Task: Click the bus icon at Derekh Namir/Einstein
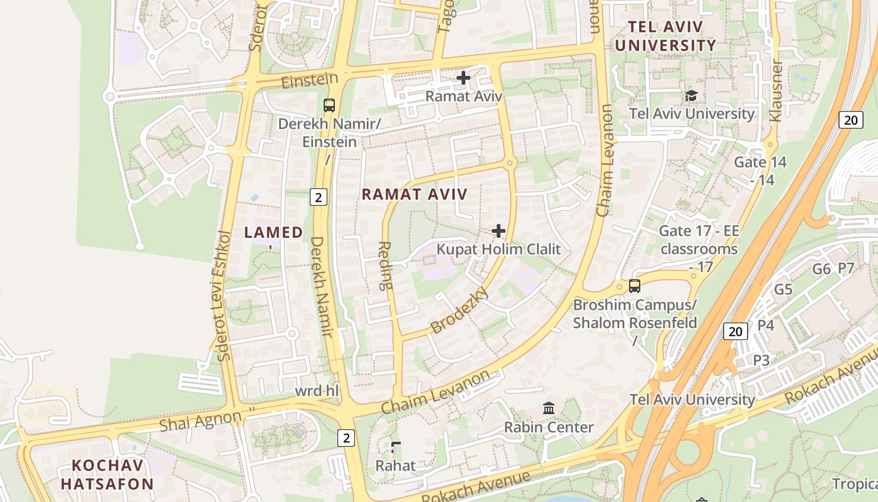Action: click(x=329, y=105)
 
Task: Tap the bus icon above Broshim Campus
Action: click(x=635, y=286)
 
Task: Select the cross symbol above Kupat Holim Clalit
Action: click(x=499, y=232)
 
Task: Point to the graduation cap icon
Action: click(x=691, y=95)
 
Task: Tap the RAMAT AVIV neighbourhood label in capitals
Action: click(x=415, y=195)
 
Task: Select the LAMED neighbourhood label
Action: click(x=273, y=233)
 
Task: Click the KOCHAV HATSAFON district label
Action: click(x=107, y=475)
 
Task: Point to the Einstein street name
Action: click(x=310, y=81)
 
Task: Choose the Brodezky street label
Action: click(x=459, y=311)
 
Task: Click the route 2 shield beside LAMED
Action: click(x=319, y=198)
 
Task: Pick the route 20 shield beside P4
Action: click(x=735, y=331)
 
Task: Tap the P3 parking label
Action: click(x=761, y=360)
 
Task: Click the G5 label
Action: click(x=783, y=290)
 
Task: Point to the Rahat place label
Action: click(x=395, y=466)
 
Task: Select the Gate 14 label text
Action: click(x=760, y=163)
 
